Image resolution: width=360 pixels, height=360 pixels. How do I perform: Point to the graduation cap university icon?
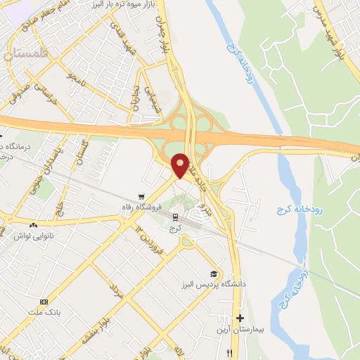[x=212, y=274]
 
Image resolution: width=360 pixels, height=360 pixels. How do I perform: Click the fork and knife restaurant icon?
[x=229, y=354]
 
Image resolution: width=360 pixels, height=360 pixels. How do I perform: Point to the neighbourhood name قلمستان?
[x=26, y=53]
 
